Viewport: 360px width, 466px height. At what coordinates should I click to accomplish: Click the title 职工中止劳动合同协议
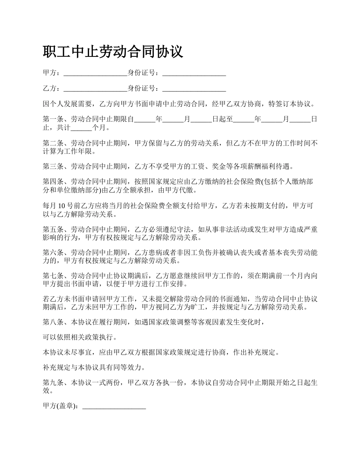tap(113, 52)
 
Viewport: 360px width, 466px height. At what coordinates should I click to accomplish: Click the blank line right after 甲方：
tap(95, 73)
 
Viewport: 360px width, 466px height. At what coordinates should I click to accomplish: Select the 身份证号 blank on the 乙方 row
tap(194, 89)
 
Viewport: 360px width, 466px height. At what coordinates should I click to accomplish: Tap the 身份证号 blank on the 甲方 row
tap(194, 73)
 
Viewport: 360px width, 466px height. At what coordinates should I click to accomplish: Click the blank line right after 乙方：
tap(95, 89)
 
